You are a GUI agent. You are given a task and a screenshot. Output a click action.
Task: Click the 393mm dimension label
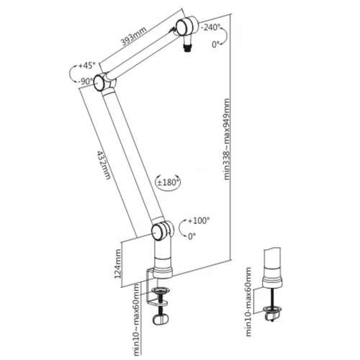pyautogui.click(x=134, y=37)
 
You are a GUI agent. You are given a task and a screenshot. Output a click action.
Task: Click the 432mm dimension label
pyautogui.click(x=104, y=166)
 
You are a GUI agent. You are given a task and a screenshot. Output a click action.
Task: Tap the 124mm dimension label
pyautogui.click(x=118, y=264)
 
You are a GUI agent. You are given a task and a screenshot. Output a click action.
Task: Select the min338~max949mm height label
pyautogui.click(x=226, y=139)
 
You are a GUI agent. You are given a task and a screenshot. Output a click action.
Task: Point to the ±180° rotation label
pyautogui.click(x=168, y=182)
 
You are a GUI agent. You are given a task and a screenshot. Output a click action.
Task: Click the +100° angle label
pyautogui.click(x=199, y=220)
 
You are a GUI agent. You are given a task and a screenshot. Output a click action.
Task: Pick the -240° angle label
pyautogui.click(x=210, y=27)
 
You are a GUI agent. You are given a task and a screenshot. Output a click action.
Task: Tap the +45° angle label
pyautogui.click(x=86, y=66)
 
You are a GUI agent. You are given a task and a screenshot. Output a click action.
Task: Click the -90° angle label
pyautogui.click(x=85, y=81)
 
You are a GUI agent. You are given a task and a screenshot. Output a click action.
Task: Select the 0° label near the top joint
pyautogui.click(x=216, y=45)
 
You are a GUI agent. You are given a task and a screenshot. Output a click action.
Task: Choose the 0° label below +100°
pyautogui.click(x=192, y=237)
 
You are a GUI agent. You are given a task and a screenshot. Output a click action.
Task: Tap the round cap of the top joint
pyautogui.click(x=181, y=27)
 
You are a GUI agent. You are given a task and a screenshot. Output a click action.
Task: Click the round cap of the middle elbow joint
pyautogui.click(x=99, y=83)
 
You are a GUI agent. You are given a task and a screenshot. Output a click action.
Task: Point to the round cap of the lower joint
pyautogui.click(x=157, y=233)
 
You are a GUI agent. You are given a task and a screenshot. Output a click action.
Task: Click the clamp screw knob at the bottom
pyautogui.click(x=161, y=320)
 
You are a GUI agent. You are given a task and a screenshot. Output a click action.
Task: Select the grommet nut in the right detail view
pyautogui.click(x=272, y=312)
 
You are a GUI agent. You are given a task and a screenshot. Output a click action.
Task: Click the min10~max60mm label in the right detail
pyautogui.click(x=249, y=302)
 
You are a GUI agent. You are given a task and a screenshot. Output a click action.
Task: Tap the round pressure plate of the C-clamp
pyautogui.click(x=161, y=291)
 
